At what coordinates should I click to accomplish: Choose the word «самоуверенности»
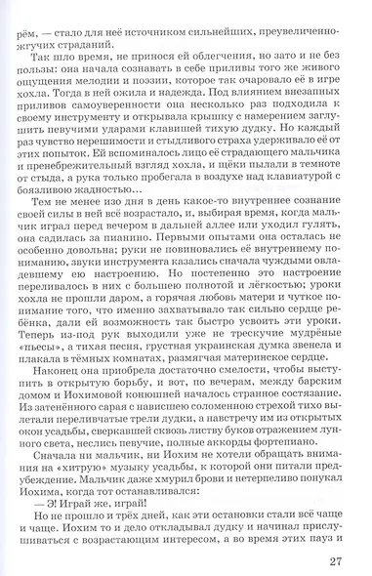(x=110, y=110)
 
